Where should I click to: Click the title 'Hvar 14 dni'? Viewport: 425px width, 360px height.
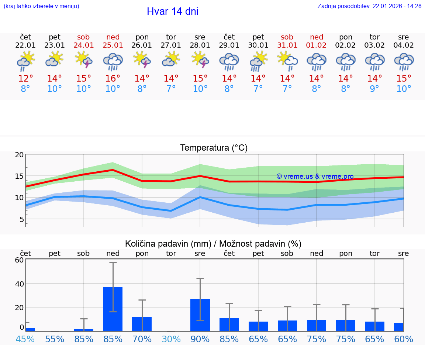[x=172, y=11]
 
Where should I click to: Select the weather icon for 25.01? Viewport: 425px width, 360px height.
[x=113, y=62]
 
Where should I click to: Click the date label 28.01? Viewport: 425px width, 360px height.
[x=200, y=45]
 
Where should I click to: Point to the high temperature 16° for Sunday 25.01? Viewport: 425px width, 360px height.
[x=113, y=79]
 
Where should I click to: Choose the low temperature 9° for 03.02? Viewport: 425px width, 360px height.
[x=374, y=89]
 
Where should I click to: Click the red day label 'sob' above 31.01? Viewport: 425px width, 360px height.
[x=287, y=37]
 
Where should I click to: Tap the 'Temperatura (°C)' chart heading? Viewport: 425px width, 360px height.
[x=214, y=148]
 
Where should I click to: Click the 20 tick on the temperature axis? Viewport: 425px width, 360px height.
[x=19, y=155]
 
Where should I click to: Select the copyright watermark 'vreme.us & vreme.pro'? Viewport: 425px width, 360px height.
[x=315, y=176]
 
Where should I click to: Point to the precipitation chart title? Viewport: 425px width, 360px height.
[x=213, y=244]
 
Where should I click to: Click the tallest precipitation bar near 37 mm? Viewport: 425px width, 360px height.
[x=113, y=309]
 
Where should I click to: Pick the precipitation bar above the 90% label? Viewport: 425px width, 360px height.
[x=200, y=315]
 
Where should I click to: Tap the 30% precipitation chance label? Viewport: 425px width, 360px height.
[x=171, y=339]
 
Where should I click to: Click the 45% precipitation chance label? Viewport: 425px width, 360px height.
[x=25, y=339]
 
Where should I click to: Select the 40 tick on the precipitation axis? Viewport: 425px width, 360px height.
[x=19, y=284]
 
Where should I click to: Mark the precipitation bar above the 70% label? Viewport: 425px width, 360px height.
[x=142, y=324]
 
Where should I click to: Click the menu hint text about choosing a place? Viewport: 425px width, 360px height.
[x=41, y=6]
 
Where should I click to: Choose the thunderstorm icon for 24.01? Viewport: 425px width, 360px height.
[x=84, y=60]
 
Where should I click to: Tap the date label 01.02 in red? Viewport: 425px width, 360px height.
[x=316, y=45]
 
